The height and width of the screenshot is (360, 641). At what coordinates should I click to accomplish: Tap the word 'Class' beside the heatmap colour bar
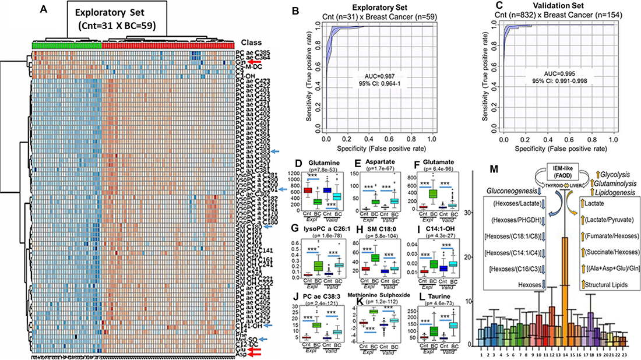click(251, 43)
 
